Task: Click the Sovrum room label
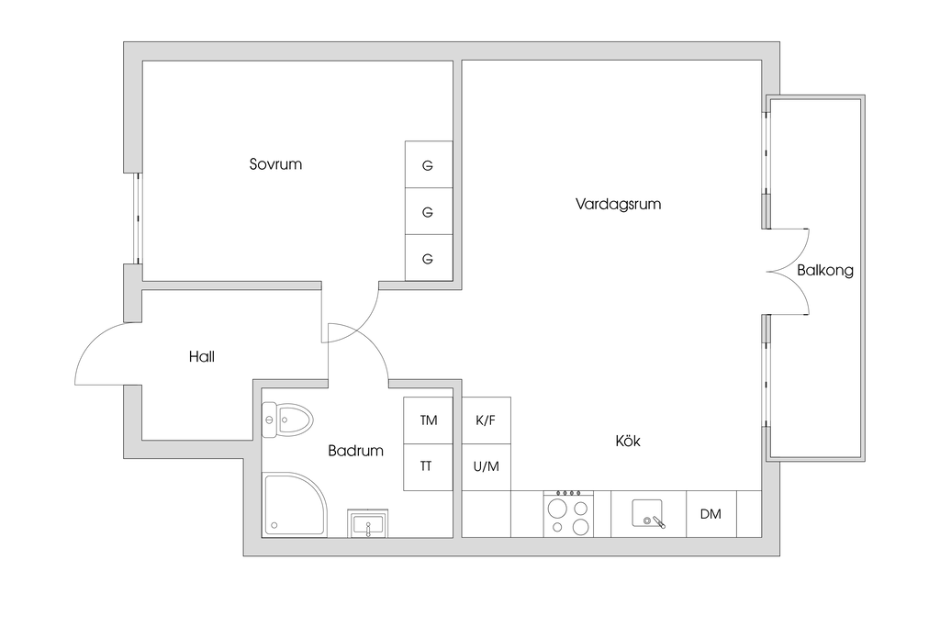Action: pos(275,165)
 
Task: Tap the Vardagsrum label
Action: pos(618,204)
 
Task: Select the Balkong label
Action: pos(824,271)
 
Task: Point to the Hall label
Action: pos(202,356)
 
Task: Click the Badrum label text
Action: pos(356,451)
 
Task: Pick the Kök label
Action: pos(628,442)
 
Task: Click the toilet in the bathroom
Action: pos(287,420)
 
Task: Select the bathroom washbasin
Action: pos(367,524)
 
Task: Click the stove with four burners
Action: pos(568,513)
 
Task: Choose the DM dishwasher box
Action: pos(711,514)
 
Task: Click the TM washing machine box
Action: pos(429,420)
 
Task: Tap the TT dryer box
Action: pos(427,466)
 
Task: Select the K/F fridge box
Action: pos(486,420)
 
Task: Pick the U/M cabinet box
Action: pos(486,466)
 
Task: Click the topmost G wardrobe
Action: pos(428,165)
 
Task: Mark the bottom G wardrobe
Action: pos(428,258)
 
